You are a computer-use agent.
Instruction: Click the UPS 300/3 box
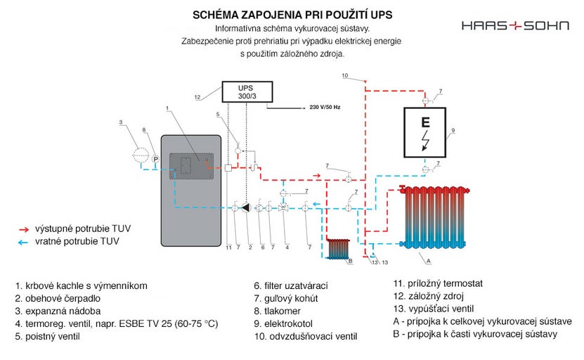click(x=247, y=92)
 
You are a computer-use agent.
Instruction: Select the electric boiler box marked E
click(x=424, y=132)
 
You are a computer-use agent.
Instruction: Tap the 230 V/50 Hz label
click(x=325, y=108)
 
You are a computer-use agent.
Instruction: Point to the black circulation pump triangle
click(x=247, y=207)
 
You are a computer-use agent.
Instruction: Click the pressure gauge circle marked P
click(x=156, y=160)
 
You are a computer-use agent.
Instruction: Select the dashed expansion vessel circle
click(x=141, y=155)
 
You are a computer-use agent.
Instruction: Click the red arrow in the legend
click(x=25, y=229)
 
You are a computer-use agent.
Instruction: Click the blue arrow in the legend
click(x=25, y=241)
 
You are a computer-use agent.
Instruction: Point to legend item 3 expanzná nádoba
click(x=58, y=311)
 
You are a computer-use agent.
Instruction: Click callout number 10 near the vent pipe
click(x=344, y=75)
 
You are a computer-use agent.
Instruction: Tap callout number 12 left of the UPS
click(x=197, y=96)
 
